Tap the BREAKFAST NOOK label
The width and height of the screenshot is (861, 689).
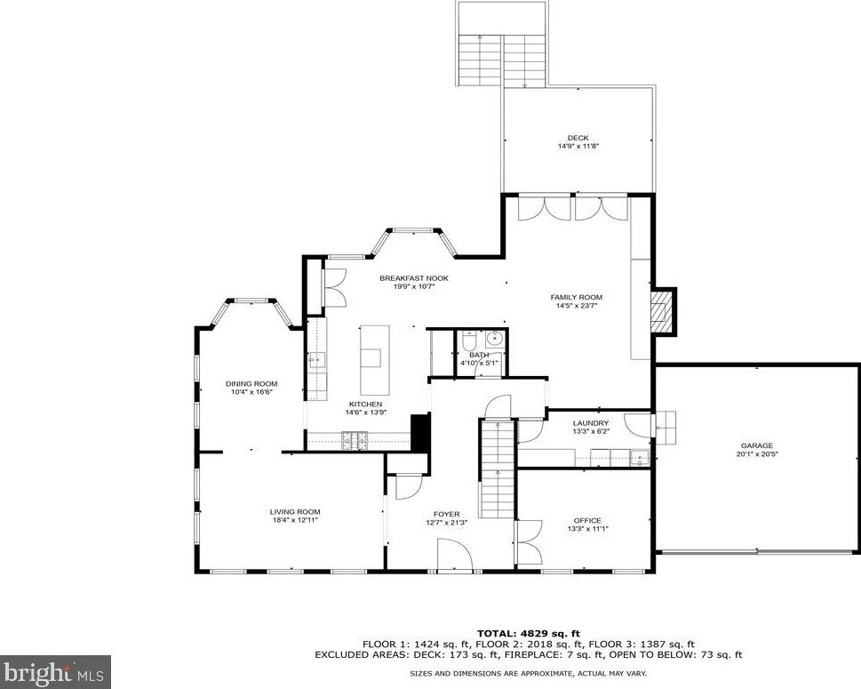tap(414, 278)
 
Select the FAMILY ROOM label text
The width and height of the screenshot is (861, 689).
tap(577, 298)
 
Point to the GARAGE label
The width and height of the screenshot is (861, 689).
tap(757, 445)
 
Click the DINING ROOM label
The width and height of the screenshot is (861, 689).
tap(251, 384)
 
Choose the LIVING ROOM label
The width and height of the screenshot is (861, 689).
tap(295, 512)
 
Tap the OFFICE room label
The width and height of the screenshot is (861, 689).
tap(587, 521)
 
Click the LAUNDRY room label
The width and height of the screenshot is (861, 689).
tap(590, 423)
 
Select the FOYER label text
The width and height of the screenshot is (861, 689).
tap(446, 515)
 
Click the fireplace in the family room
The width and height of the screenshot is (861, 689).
tap(659, 312)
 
